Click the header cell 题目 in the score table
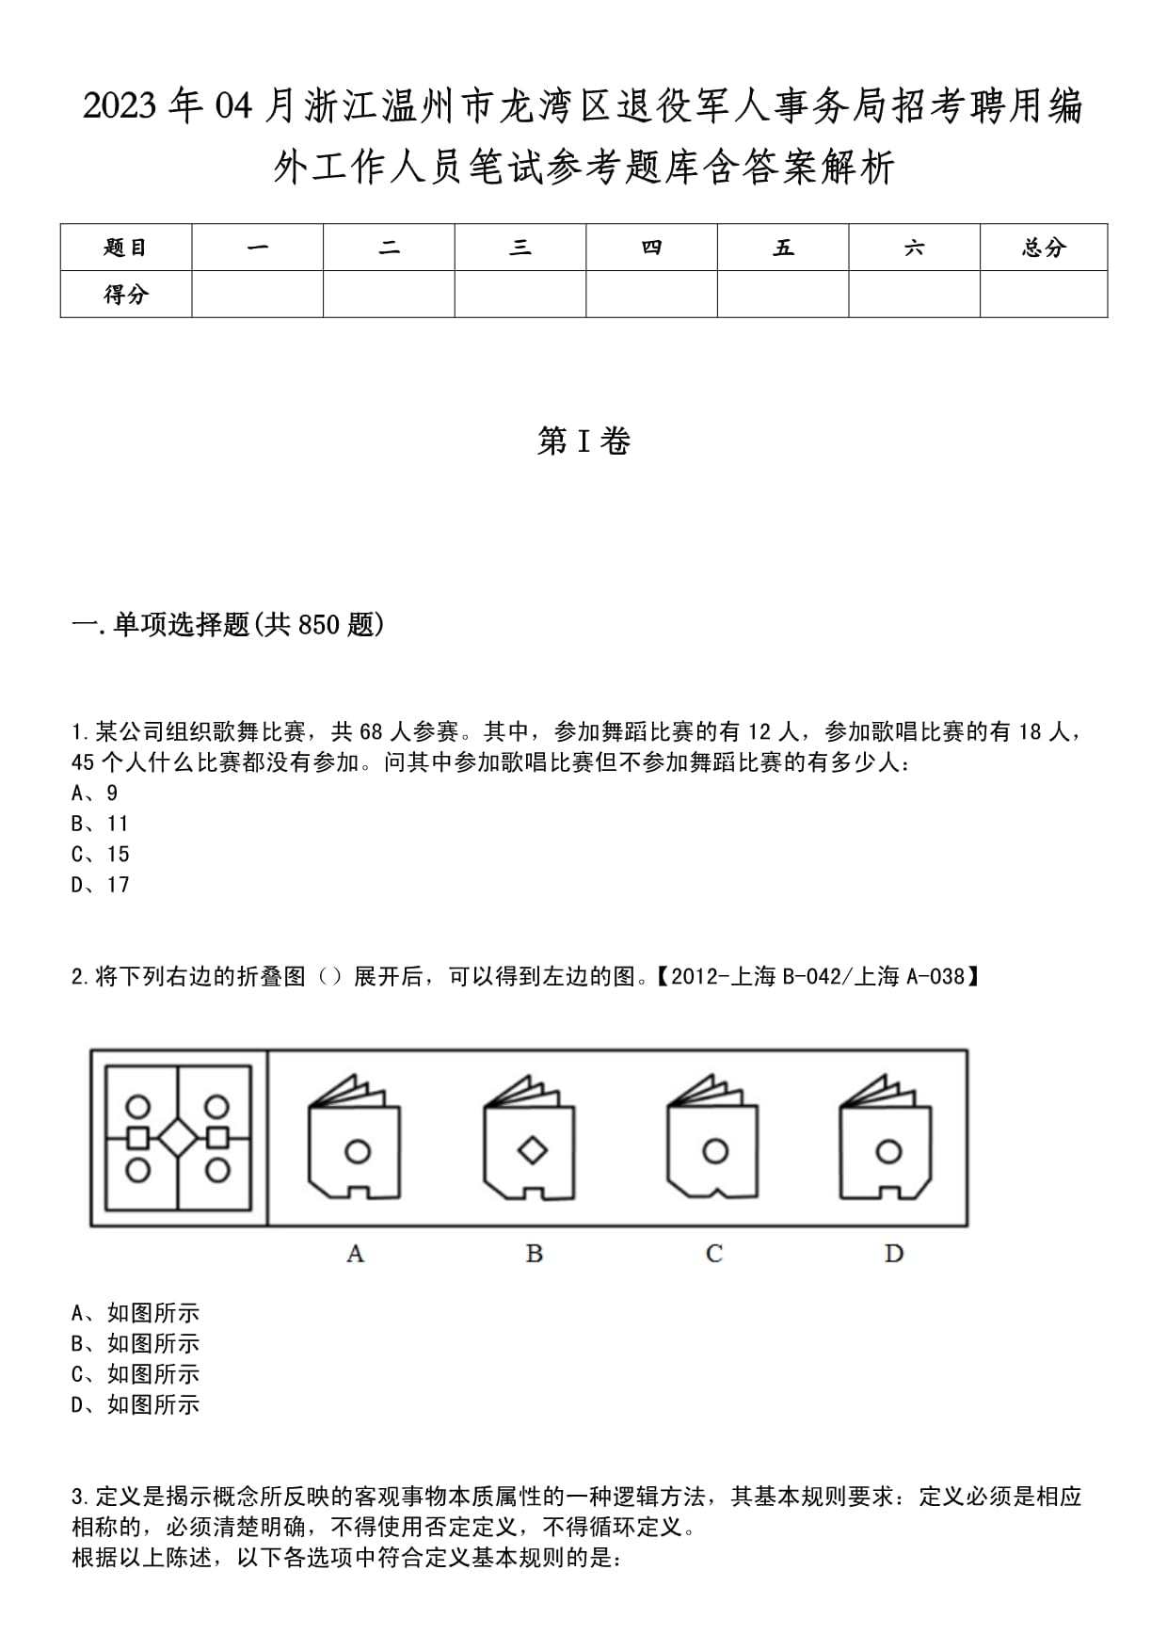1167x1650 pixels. coord(126,248)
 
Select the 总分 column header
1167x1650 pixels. coord(1043,248)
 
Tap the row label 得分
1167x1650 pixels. coord(126,295)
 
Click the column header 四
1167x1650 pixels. coord(651,248)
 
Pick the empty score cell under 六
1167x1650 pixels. coord(914,295)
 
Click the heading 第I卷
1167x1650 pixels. coord(583,441)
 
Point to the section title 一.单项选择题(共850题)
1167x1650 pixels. coord(229,624)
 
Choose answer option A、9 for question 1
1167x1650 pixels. coord(95,793)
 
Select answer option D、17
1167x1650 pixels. coord(101,885)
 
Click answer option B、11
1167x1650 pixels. coord(100,824)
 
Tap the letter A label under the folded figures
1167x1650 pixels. coord(355,1254)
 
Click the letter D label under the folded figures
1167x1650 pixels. coord(893,1254)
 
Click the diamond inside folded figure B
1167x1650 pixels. coord(534,1150)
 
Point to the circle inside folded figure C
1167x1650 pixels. coord(715,1150)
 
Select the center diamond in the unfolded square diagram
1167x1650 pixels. coord(178,1138)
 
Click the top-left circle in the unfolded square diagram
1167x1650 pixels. coord(138,1105)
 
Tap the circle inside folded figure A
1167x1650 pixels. coord(358,1150)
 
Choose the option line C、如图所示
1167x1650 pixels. coord(136,1374)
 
